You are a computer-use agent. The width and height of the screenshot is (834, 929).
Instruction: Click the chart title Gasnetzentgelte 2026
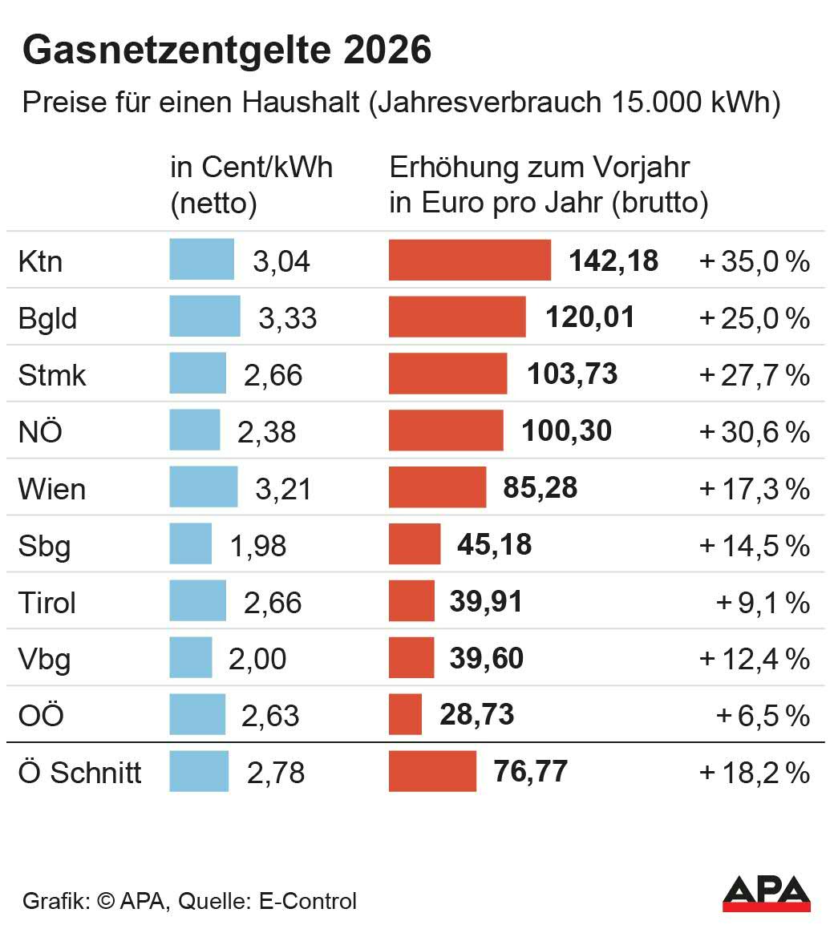[x=227, y=50]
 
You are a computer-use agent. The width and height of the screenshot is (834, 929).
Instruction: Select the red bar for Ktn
[x=469, y=261]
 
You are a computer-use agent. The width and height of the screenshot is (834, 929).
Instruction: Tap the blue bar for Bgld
[x=204, y=317]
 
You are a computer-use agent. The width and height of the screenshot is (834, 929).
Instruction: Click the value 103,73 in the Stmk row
[x=573, y=374]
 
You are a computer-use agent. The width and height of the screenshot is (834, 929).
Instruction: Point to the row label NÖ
[x=40, y=432]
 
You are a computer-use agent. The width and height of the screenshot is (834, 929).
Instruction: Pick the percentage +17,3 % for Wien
[x=754, y=489]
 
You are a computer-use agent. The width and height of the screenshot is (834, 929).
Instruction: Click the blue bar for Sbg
[x=191, y=544]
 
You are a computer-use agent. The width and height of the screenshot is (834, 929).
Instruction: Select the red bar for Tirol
[x=411, y=601]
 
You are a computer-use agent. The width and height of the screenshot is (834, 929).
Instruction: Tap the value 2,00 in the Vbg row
[x=257, y=659]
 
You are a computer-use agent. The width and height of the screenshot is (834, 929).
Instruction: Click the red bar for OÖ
[x=405, y=715]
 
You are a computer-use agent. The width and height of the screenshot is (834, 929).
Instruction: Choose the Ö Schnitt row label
[x=79, y=773]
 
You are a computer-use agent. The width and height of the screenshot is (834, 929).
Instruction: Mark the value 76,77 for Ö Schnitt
[x=531, y=772]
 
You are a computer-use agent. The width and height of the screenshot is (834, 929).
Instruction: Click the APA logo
[x=766, y=893]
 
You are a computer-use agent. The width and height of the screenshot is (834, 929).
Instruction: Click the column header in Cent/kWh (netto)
[x=251, y=185]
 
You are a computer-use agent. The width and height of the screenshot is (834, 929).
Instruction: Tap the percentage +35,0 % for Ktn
[x=754, y=261]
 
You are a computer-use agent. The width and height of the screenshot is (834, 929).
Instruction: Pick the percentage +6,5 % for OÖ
[x=762, y=716]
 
